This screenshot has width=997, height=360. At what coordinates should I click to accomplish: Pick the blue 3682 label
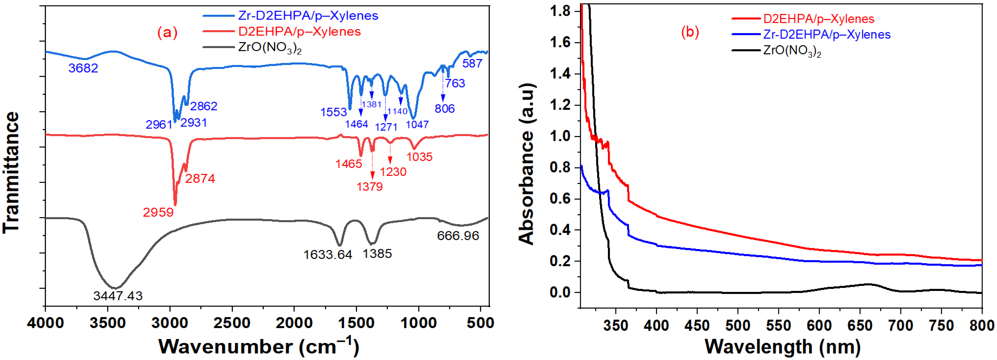[x=83, y=68]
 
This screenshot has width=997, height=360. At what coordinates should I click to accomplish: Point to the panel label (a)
[x=167, y=32]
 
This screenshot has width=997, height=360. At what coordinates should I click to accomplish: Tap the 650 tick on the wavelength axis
[x=860, y=325]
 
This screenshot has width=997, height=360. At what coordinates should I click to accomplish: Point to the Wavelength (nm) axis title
[x=782, y=346]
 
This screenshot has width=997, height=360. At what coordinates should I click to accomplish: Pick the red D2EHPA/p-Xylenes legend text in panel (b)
[x=818, y=19]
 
